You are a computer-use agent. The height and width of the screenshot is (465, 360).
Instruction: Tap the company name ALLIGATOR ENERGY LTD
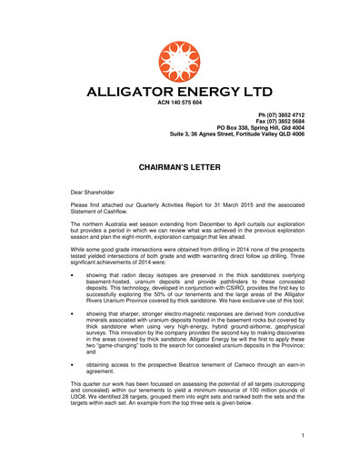tap(180, 93)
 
